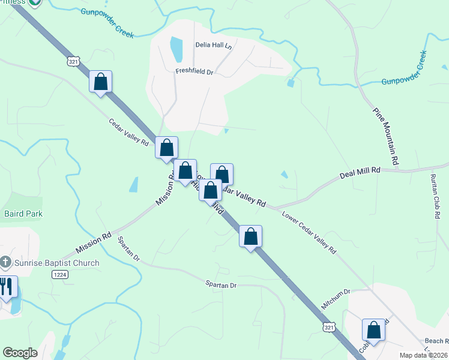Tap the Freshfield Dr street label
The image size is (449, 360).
click(194, 71)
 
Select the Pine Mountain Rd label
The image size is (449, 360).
click(385, 136)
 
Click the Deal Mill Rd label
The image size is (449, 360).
click(360, 171)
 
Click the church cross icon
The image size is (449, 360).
click(6, 262)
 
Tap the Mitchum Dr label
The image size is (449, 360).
click(335, 298)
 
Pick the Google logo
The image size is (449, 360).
click(20, 353)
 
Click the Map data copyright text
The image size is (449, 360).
click(424, 355)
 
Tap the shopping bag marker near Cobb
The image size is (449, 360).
click(373, 329)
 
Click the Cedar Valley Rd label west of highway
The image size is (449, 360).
click(128, 132)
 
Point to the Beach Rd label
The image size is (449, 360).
click(437, 340)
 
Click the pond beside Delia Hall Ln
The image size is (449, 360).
click(176, 50)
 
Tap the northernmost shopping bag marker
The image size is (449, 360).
click(101, 82)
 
